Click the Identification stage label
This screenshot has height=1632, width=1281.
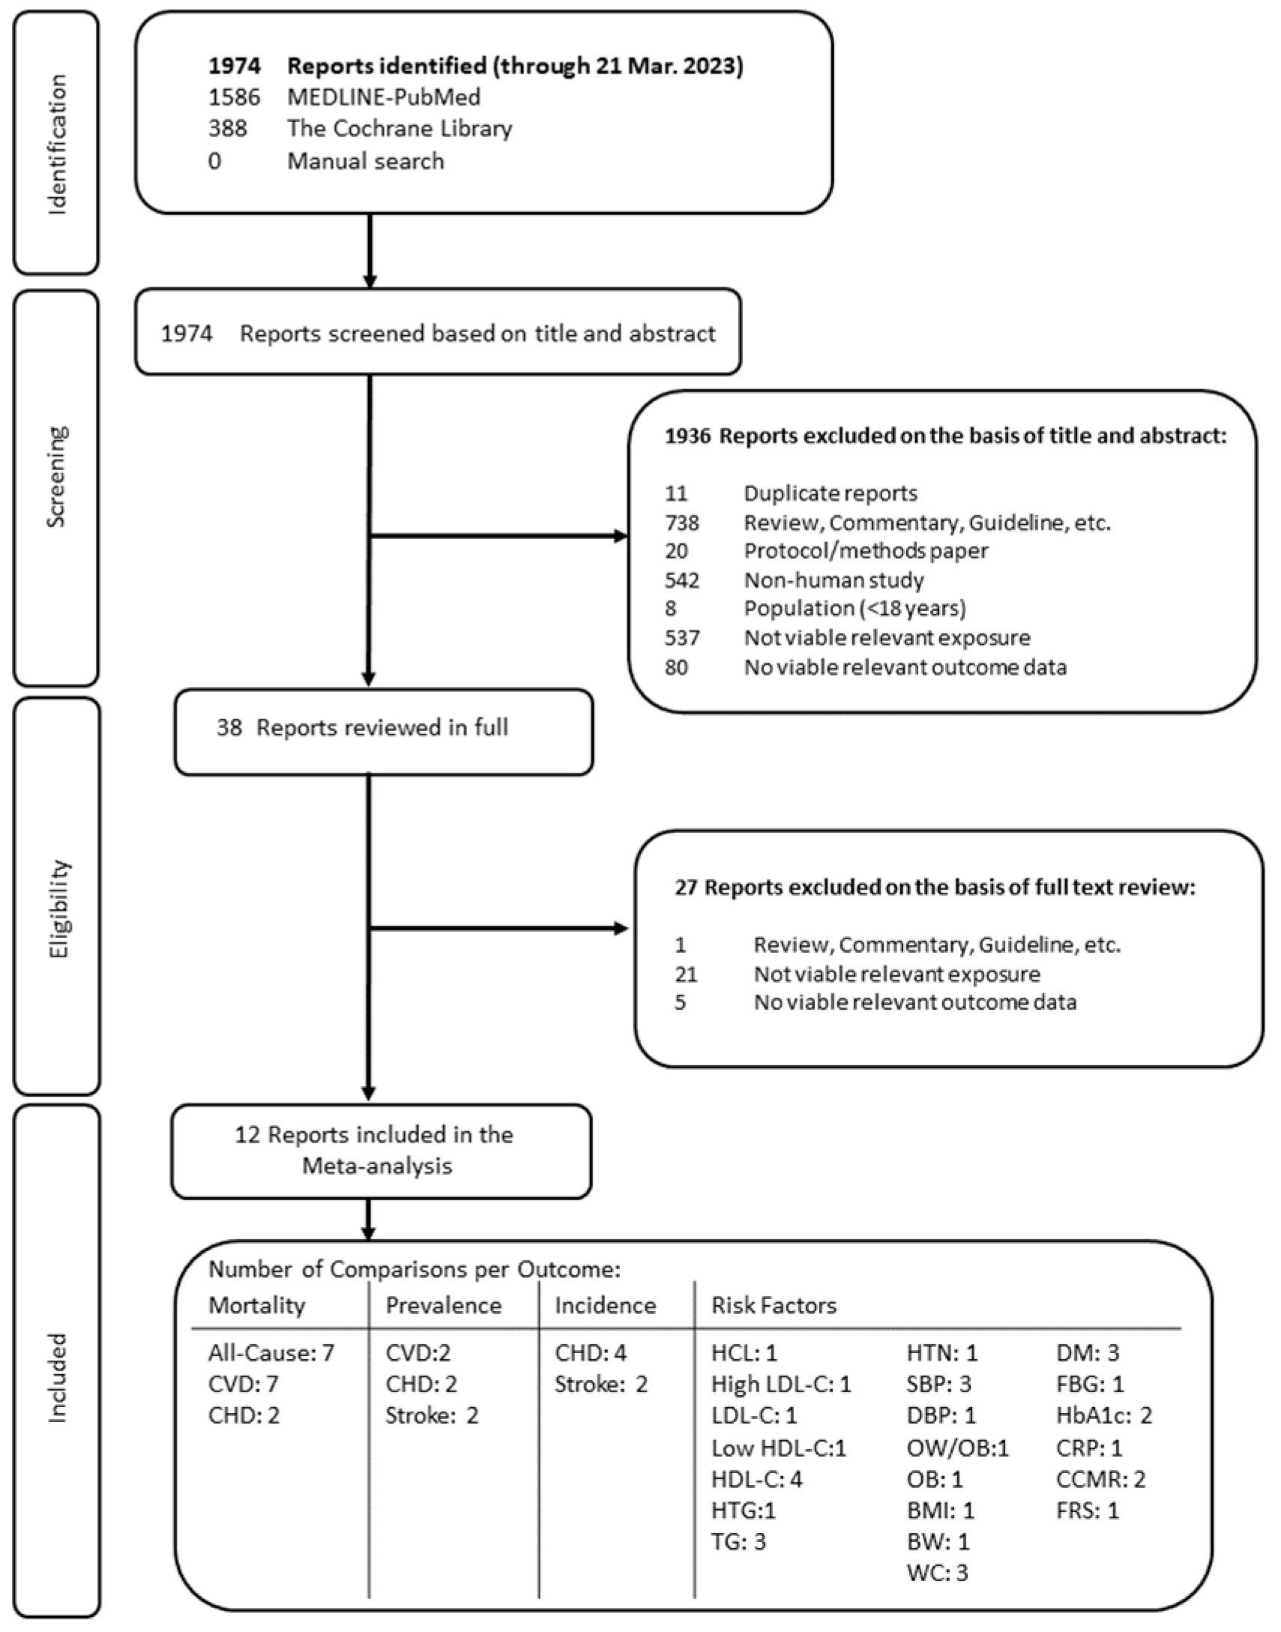tap(56, 143)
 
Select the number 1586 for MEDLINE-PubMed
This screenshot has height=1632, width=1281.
tap(234, 97)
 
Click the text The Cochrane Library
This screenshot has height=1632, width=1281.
tap(399, 128)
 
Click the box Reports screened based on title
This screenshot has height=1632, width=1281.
tap(438, 333)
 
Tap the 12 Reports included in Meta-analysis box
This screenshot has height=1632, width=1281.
tap(381, 1150)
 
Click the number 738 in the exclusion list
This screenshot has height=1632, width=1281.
tap(682, 522)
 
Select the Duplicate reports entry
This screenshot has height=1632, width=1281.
tap(831, 493)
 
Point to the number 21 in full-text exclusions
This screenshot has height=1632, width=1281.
tap(686, 974)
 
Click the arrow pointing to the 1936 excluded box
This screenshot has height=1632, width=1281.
tap(619, 535)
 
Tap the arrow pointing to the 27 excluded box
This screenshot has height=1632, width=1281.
tap(619, 929)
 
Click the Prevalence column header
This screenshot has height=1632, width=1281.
tap(442, 1305)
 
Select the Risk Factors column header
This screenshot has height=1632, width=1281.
tap(774, 1305)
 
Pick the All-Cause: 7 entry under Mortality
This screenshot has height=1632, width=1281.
tap(271, 1352)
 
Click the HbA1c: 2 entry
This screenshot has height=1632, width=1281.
tap(1103, 1415)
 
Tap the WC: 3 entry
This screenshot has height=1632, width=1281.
tap(937, 1572)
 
